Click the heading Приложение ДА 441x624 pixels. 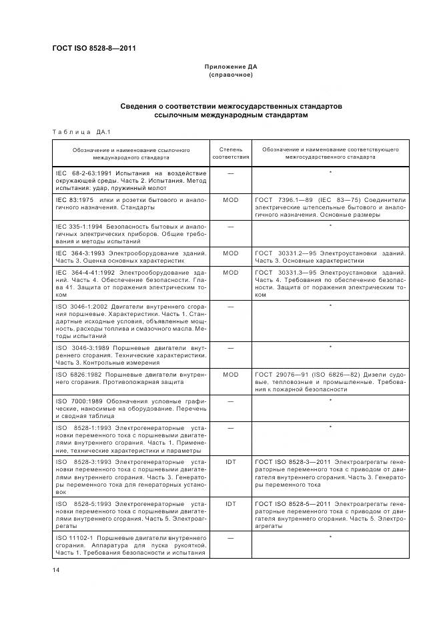pos(230,67)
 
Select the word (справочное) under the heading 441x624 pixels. pos(230,75)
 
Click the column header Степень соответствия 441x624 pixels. pos(230,153)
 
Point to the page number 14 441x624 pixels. pos(56,569)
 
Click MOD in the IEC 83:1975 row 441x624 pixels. pos(230,199)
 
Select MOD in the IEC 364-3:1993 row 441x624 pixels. pos(230,253)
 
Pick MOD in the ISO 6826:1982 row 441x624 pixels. pos(230,375)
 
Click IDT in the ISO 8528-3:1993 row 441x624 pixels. pos(230,461)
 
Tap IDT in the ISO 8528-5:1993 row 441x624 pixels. pos(230,504)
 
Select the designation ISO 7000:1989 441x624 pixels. pos(78,400)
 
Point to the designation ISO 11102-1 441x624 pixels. pos(75,537)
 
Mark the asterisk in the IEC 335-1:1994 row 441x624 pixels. pos(330,227)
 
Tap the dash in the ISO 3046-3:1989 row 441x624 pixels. pos(230,348)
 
